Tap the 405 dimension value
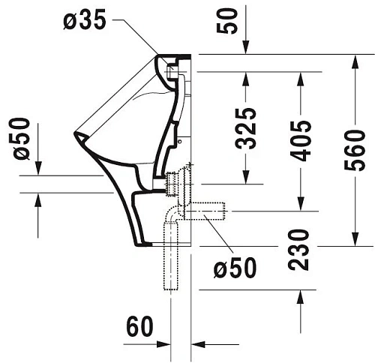click(301, 139)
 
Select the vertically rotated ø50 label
click(22, 139)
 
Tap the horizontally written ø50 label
click(233, 267)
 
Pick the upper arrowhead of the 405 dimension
click(301, 79)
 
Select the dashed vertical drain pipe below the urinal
click(170, 262)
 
